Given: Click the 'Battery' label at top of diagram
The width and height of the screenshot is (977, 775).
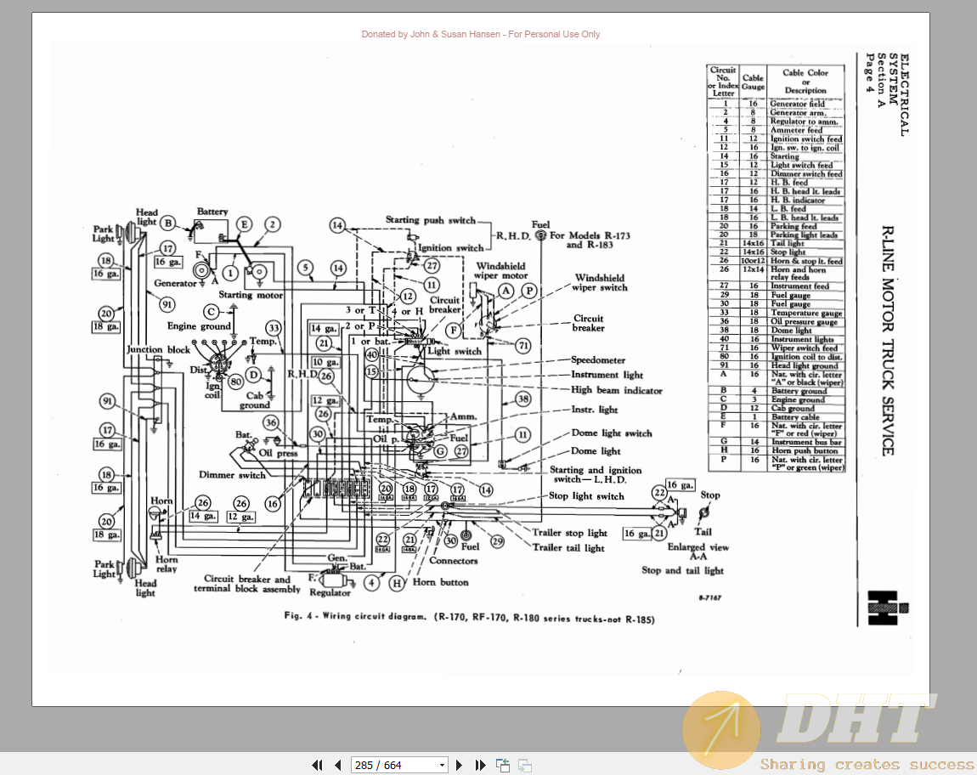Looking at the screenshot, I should (x=212, y=212).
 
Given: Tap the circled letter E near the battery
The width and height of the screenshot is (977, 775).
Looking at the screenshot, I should (x=244, y=224).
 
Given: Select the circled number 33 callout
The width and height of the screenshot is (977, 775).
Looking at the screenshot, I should (x=273, y=328).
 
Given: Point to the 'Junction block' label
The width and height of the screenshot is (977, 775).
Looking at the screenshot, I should (x=159, y=350).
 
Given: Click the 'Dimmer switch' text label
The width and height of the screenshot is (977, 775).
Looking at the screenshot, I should (x=232, y=475).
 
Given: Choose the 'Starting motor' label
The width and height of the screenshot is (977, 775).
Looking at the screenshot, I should (x=251, y=295).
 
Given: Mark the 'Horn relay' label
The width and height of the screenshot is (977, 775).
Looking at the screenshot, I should (x=167, y=564).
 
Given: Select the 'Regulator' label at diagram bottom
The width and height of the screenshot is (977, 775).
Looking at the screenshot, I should (x=330, y=592).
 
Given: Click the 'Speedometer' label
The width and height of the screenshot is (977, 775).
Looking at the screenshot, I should (x=597, y=360).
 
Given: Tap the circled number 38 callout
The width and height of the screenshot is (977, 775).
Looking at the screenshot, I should (x=523, y=399).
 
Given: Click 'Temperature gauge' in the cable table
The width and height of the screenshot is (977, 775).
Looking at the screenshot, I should (x=805, y=313).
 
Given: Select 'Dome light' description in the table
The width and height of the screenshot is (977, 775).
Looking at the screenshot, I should (x=791, y=331).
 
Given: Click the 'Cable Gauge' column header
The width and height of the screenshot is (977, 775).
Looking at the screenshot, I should (x=753, y=82).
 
